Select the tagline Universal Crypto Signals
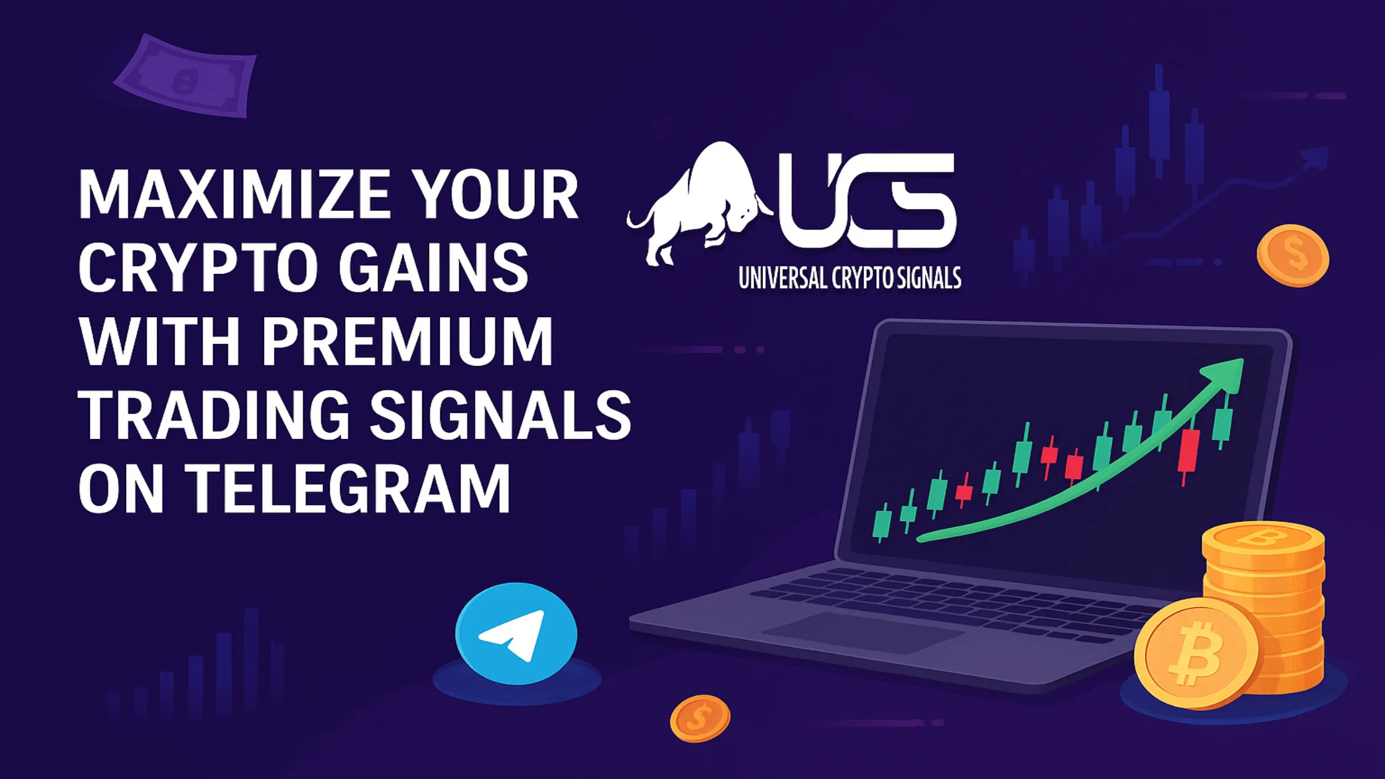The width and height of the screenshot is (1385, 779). tap(850, 278)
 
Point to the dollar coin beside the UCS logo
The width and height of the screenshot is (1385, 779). tap(1292, 255)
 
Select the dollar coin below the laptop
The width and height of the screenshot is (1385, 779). tap(700, 718)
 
